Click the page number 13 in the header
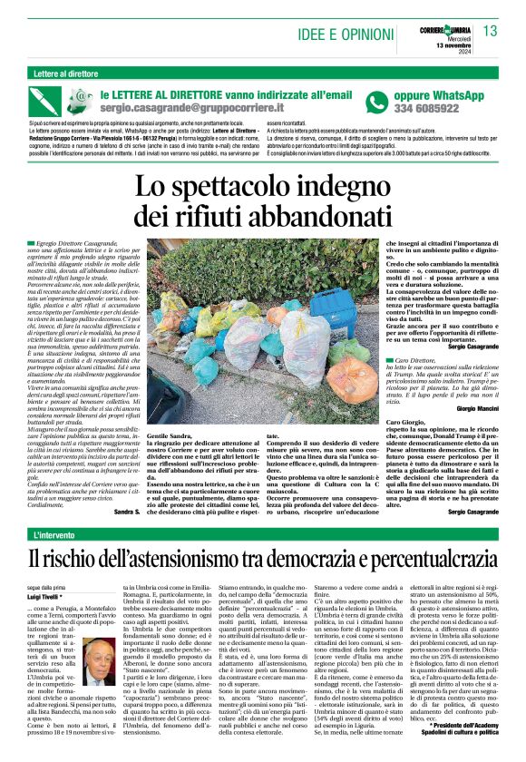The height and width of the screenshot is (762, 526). point(491,32)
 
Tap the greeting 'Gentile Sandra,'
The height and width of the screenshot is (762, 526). point(147,436)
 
